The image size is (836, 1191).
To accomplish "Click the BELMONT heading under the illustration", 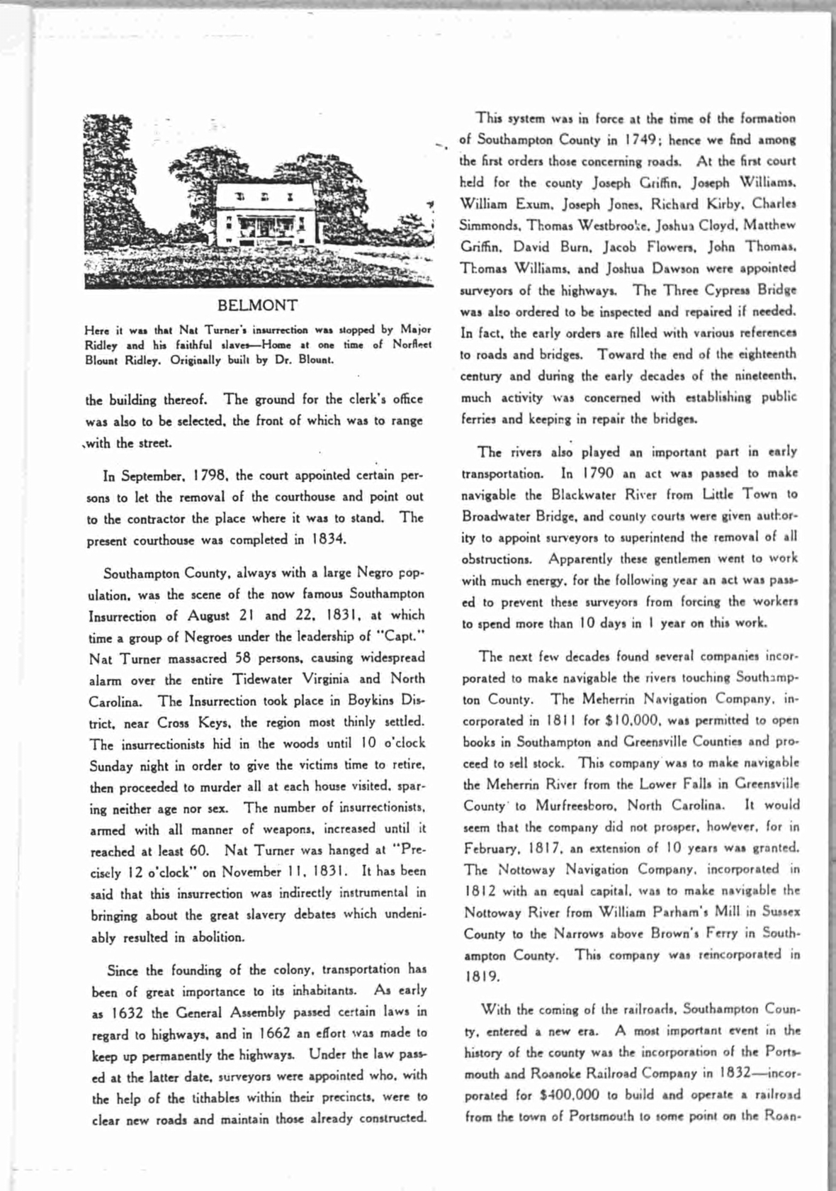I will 257,306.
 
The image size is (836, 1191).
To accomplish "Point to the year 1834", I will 329,539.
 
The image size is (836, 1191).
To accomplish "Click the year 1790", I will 597,473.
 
